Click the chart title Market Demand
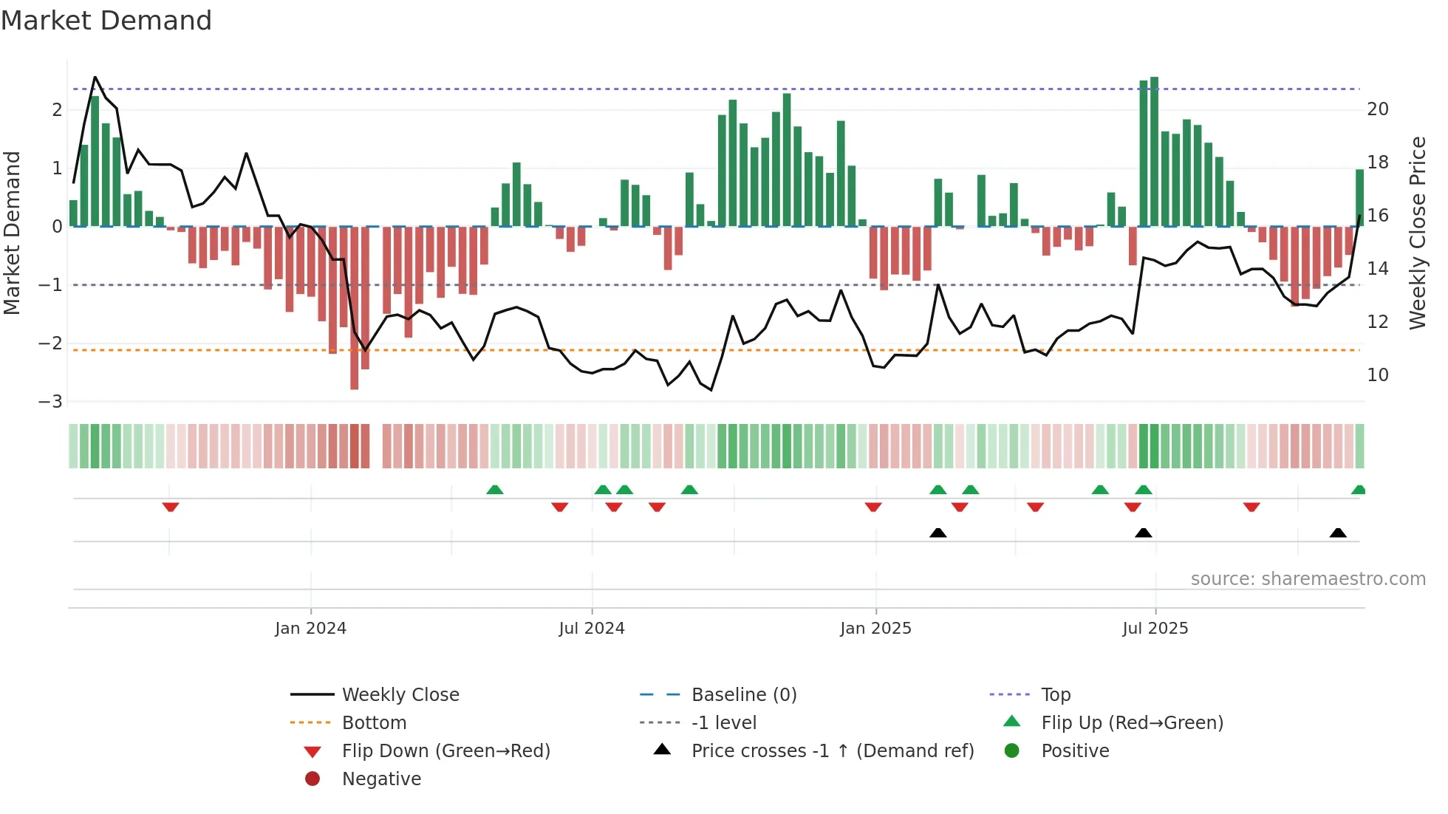106,21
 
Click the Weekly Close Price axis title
1417,233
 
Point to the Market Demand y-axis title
12,233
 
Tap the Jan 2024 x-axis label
310,629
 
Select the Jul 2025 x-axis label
1155,629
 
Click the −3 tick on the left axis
51,402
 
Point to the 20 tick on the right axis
1377,109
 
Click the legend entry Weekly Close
400,695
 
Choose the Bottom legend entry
374,723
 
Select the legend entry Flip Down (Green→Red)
445,751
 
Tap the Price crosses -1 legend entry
832,751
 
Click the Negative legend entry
381,779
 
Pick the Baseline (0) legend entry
743,695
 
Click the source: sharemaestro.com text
1308,579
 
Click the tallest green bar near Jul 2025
1154,151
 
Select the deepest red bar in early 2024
354,308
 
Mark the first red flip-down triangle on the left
171,507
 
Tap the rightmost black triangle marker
1337,533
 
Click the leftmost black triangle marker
938,533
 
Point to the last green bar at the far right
1359,198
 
